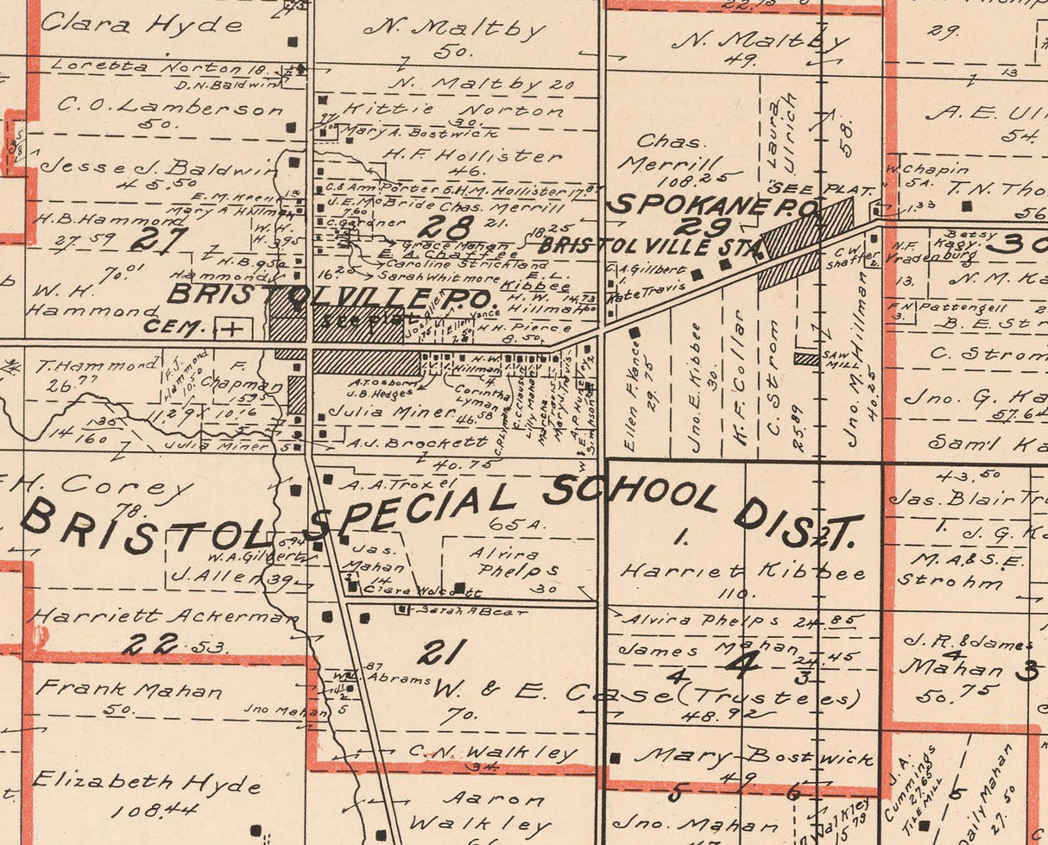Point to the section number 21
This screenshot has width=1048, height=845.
[x=442, y=652]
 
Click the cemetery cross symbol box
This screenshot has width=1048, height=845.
[x=231, y=328]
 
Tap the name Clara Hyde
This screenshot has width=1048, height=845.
[x=141, y=24]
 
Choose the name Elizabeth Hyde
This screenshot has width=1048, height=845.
[x=147, y=783]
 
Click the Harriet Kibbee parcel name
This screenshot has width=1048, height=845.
[x=742, y=571]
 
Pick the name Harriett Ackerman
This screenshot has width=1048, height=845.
[x=165, y=616]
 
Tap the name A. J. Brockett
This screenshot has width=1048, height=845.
[x=418, y=443]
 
